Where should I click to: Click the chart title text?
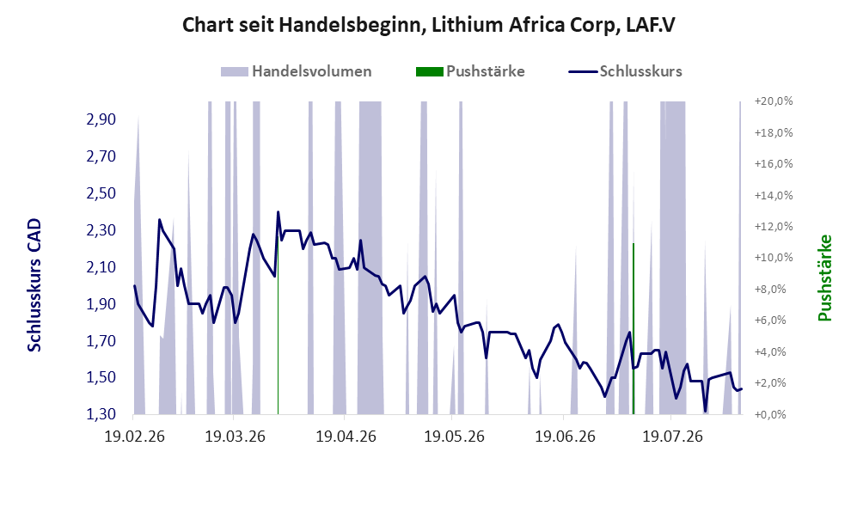coord(428,25)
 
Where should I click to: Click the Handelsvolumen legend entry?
coord(297,71)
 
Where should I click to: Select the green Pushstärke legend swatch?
coord(430,71)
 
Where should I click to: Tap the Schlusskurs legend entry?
coord(625,71)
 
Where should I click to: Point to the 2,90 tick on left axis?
coord(101,119)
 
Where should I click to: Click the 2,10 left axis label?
coord(101,266)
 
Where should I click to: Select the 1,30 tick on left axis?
coord(101,414)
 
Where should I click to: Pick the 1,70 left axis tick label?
coord(101,340)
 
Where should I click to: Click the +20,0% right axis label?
coord(774,101)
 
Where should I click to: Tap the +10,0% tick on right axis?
coord(774,257)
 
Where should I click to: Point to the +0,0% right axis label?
coord(774,414)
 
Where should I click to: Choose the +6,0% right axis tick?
coord(774,321)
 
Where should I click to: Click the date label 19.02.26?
coord(134,437)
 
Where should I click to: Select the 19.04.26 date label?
coord(346,437)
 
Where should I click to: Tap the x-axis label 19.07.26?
coord(672,437)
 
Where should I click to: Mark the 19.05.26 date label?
coord(454,437)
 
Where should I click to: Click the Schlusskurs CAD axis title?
coord(34,284)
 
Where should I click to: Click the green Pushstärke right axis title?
coord(824,278)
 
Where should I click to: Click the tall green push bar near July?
coord(633,328)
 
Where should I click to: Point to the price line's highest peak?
coord(279,212)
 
